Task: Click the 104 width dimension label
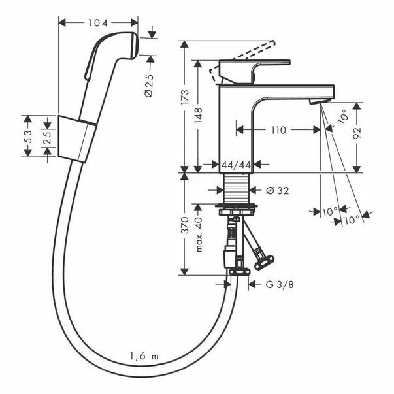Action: click(97, 23)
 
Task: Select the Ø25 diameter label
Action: click(149, 86)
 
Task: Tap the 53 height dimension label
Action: click(29, 137)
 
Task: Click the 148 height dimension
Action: click(198, 115)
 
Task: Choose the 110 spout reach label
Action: click(278, 130)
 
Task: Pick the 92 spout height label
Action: click(357, 133)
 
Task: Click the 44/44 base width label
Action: click(236, 165)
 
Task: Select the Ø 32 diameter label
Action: click(278, 191)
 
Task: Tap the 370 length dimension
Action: click(185, 225)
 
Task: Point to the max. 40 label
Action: click(199, 234)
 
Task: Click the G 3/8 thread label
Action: click(280, 285)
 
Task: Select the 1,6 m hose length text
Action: click(144, 356)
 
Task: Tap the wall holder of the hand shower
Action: click(77, 139)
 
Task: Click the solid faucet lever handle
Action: click(254, 72)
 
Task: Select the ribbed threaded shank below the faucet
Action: click(236, 189)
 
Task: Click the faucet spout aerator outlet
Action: click(319, 101)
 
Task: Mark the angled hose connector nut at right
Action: click(264, 263)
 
